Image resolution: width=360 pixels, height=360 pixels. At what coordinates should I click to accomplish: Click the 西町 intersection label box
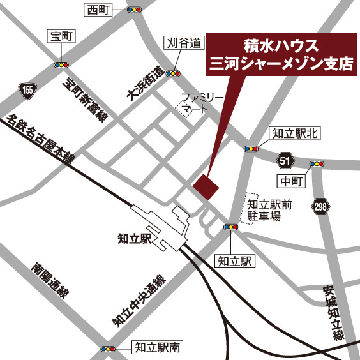point(100,10)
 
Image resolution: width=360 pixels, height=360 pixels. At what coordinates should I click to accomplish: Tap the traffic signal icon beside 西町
point(134,10)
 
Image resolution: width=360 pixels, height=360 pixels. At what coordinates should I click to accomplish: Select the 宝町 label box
point(61,37)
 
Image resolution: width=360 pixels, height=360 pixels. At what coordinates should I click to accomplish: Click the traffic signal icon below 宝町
point(61,64)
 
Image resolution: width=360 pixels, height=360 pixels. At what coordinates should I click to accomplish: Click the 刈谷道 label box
point(184,43)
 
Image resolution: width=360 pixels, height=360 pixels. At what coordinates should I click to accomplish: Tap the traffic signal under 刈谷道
point(172,73)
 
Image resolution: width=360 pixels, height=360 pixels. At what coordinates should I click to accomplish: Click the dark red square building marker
point(206,186)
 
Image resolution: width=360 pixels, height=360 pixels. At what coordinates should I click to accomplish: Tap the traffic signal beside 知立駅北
point(251,148)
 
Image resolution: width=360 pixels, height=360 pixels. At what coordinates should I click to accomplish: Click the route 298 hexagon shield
point(320,206)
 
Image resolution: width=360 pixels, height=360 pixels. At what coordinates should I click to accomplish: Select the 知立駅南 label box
point(158,348)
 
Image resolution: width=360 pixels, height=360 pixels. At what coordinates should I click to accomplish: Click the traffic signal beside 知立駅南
point(109,349)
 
